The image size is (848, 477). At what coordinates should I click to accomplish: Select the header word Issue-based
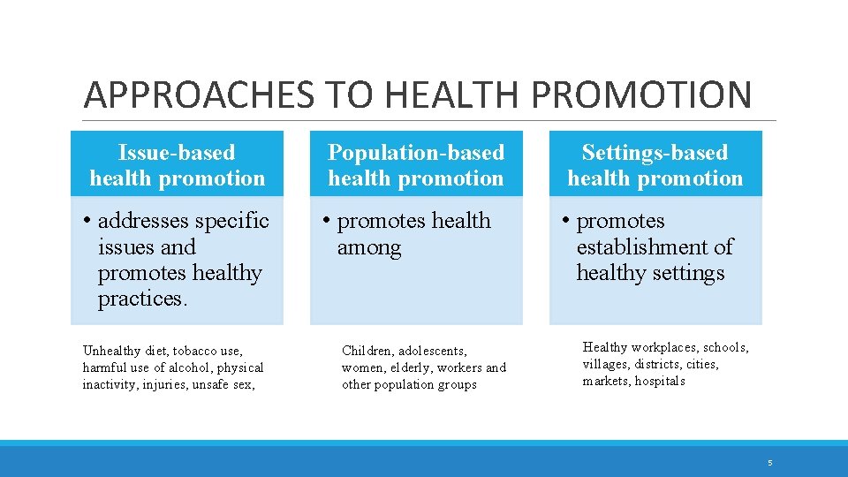177,153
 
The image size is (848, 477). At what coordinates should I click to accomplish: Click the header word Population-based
416,153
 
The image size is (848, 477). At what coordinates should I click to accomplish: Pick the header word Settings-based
655,153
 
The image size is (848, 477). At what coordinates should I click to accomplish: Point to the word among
369,248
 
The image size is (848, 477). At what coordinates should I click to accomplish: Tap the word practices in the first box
141,299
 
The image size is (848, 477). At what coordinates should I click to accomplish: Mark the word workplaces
664,347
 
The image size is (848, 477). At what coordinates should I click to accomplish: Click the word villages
606,364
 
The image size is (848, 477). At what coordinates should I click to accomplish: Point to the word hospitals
659,381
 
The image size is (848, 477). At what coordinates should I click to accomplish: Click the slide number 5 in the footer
769,463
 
